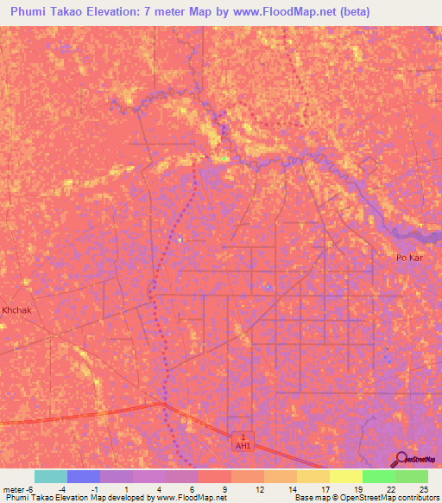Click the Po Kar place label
pyautogui.click(x=407, y=258)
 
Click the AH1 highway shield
pyautogui.click(x=243, y=442)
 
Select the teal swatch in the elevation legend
pyautogui.click(x=51, y=476)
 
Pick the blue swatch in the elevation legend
pyautogui.click(x=84, y=476)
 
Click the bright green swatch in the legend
pyautogui.click(x=378, y=476)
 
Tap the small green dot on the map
pyautogui.click(x=224, y=158)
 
